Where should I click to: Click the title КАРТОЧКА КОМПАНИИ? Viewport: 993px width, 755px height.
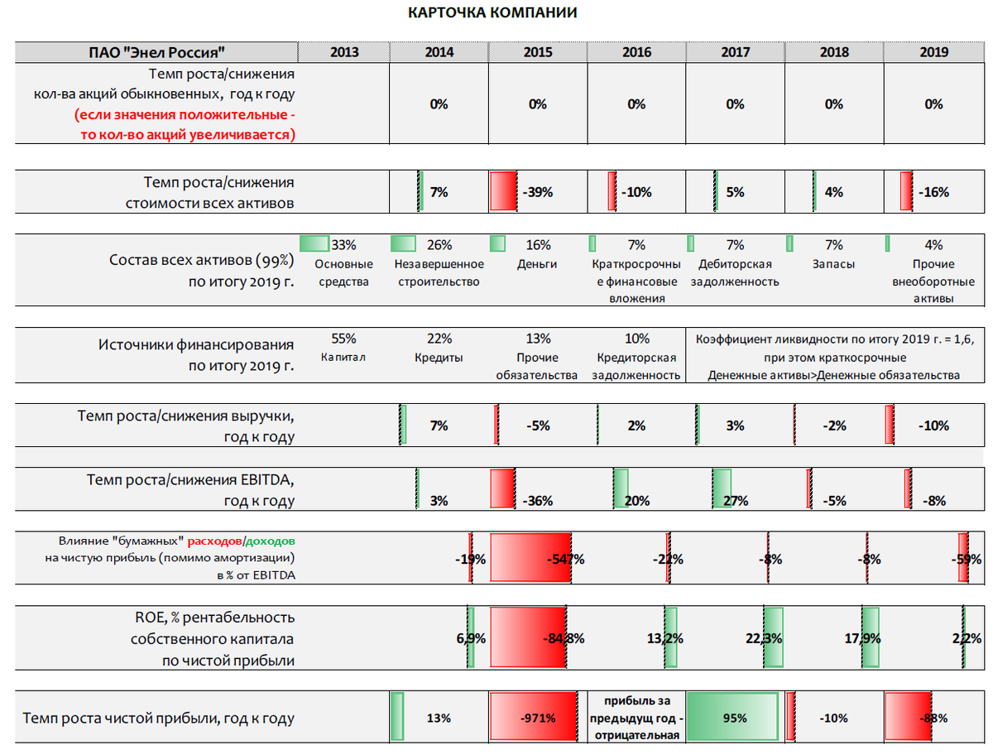pos(493,13)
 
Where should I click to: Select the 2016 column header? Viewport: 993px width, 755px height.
pos(636,52)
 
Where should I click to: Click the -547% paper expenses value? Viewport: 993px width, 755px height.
pos(565,559)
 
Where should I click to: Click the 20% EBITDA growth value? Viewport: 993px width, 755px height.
pos(636,501)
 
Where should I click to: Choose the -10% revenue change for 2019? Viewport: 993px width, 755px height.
pos(933,426)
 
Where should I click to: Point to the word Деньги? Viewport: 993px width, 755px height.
pos(537,264)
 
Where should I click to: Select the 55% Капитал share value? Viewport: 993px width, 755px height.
pos(343,339)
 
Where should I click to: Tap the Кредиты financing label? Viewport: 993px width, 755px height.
pos(439,358)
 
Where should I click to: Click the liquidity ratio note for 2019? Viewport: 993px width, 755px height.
pos(833,357)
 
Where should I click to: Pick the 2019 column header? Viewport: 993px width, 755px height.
pos(933,52)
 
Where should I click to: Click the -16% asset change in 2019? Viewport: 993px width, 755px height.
pos(933,192)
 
